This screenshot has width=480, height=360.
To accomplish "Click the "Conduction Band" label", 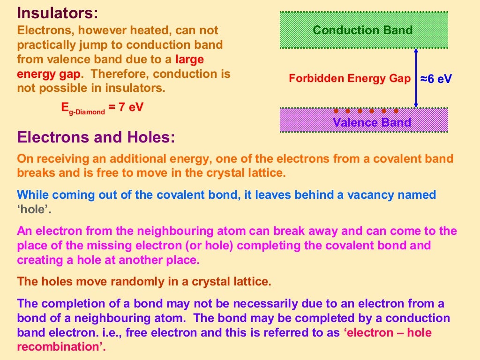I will (363, 30).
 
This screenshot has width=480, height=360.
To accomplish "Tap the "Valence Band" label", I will (371, 123).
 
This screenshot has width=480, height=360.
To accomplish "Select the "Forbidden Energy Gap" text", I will (349, 78).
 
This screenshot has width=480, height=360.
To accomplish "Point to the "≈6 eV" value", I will (436, 79).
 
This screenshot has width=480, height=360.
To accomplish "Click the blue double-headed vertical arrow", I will (415, 78).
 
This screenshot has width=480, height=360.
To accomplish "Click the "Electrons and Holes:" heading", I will (96, 137).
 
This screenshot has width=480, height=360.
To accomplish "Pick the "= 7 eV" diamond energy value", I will (126, 107).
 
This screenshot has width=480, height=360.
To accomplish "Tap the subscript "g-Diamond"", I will (87, 112).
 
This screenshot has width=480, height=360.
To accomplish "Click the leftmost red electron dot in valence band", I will (336, 112).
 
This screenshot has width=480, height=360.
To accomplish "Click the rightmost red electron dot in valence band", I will (396, 112).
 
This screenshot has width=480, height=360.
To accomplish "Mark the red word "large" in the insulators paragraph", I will (189, 60).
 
